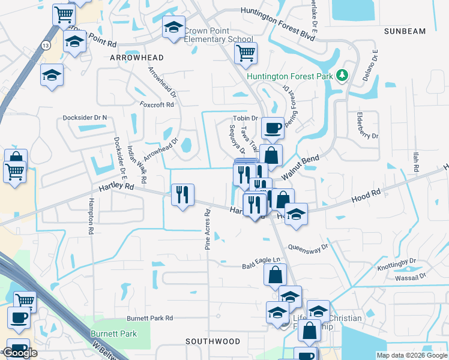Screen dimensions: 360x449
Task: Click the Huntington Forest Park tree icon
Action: pyautogui.click(x=342, y=76)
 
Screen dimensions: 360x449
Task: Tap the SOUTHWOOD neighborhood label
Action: pyautogui.click(x=212, y=341)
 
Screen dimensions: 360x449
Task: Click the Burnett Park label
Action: pyautogui.click(x=113, y=334)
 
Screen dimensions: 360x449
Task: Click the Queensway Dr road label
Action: pyautogui.click(x=309, y=247)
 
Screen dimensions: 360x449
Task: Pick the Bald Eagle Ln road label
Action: pyautogui.click(x=261, y=262)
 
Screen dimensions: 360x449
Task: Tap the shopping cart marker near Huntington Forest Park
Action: pyautogui.click(x=246, y=53)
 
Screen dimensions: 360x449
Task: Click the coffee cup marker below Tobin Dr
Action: pyautogui.click(x=273, y=128)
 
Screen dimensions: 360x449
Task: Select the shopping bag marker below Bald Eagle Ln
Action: pyautogui.click(x=275, y=275)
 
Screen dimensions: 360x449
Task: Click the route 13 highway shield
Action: pyautogui.click(x=46, y=45)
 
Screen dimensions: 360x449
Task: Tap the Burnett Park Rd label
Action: pyautogui.click(x=149, y=318)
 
